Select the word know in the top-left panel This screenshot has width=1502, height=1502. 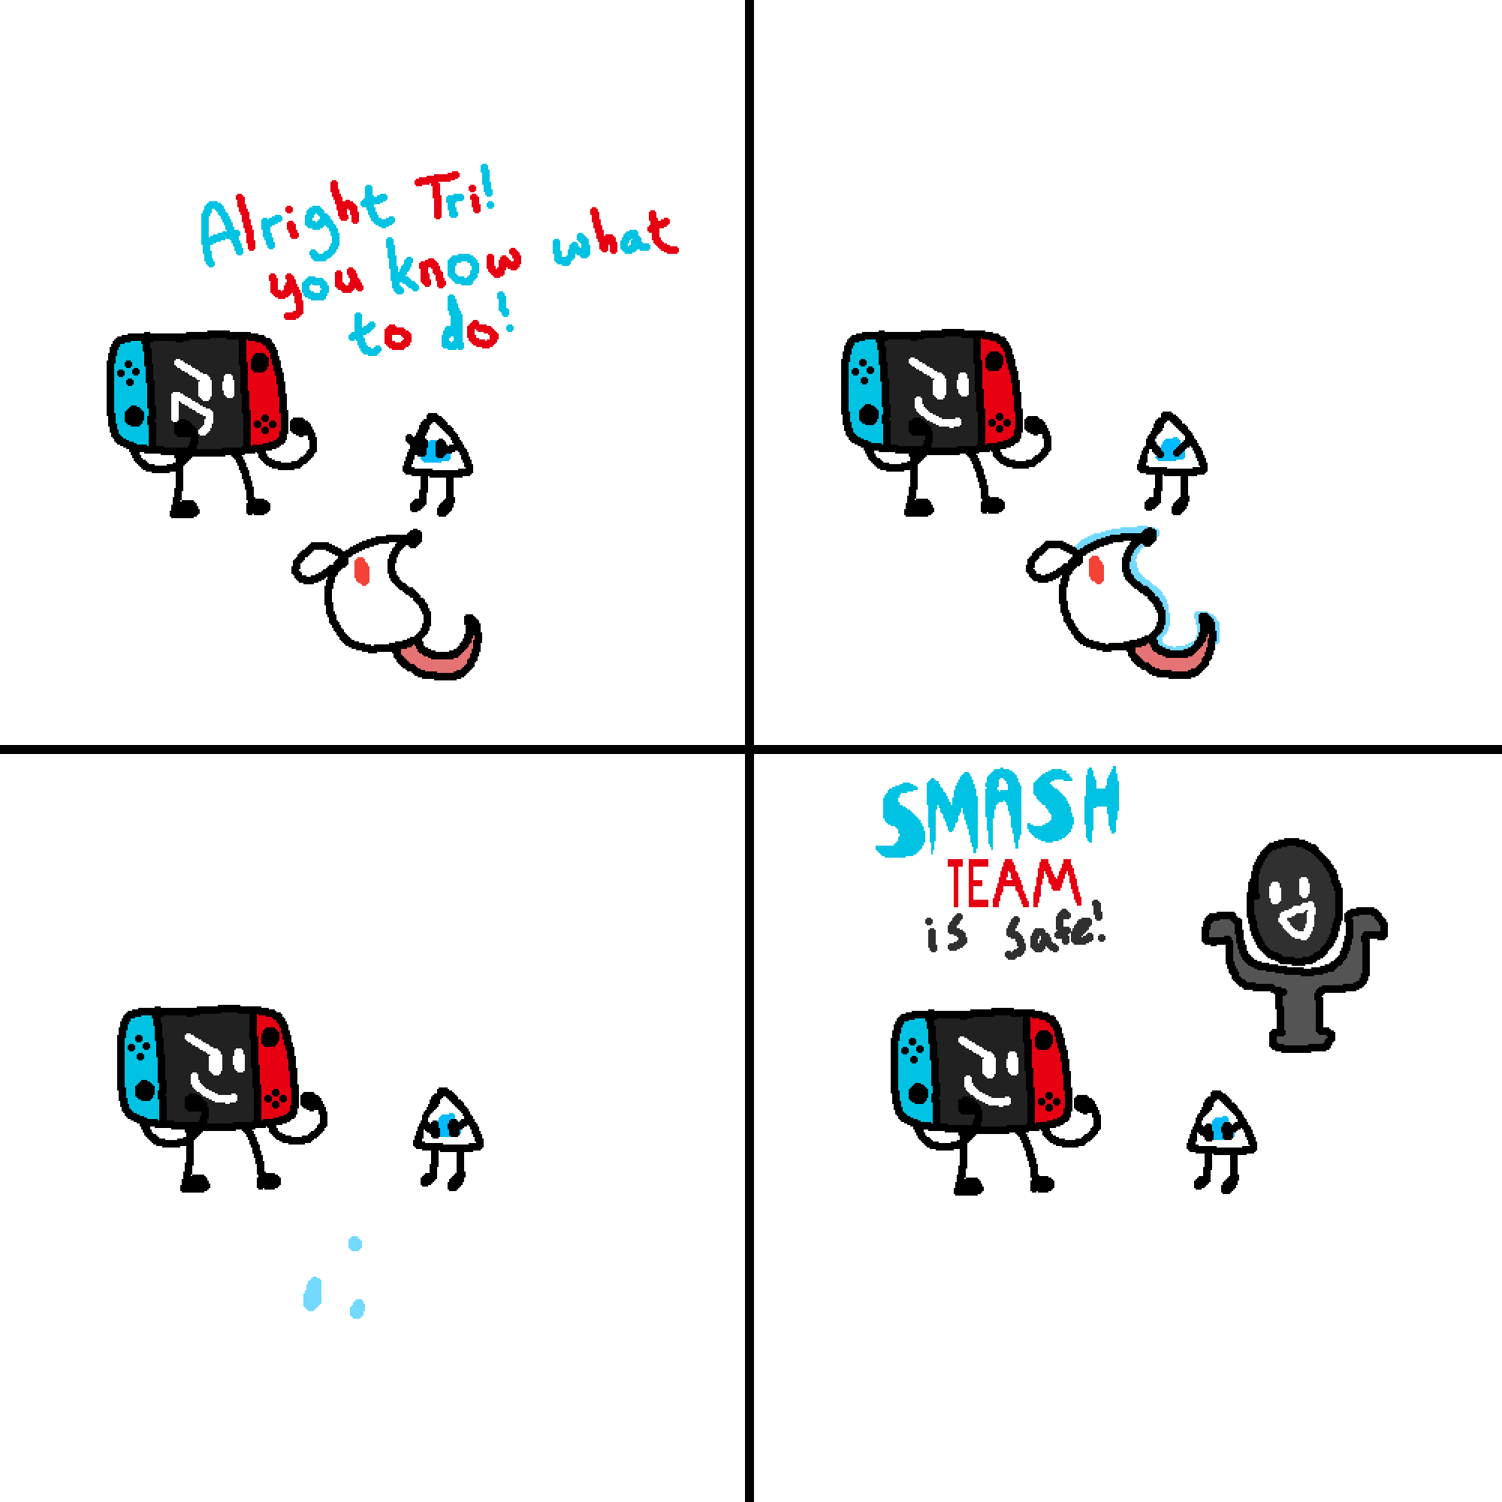pos(456,269)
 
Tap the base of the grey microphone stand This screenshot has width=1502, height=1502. pos(1301,1039)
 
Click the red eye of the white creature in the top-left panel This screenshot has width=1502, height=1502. pos(361,572)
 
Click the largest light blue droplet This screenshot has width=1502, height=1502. pos(312,1294)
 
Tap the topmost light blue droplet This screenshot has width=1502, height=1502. pos(355,1243)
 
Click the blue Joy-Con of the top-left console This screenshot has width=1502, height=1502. pos(131,392)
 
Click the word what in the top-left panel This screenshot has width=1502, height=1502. pos(614,237)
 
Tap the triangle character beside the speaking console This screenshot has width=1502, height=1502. pos(438,463)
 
